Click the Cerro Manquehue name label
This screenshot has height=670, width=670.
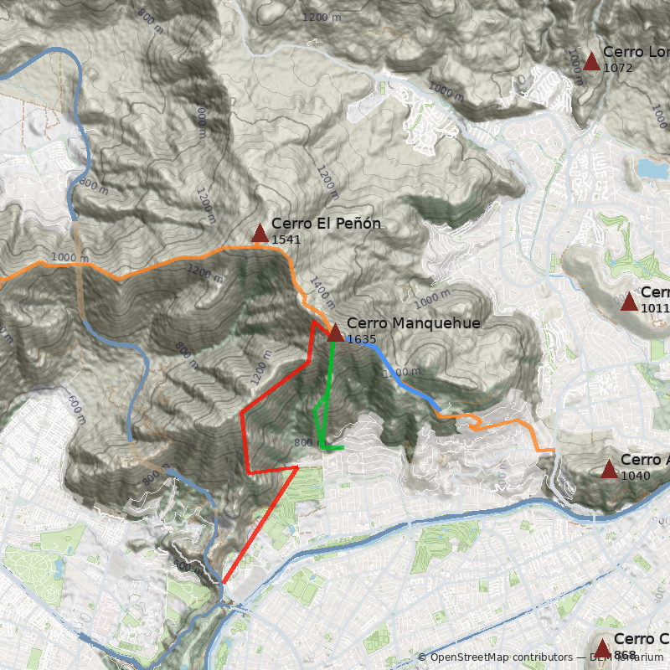coord(413,324)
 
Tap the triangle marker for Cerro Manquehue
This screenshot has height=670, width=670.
coord(335,332)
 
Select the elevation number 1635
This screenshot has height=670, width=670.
coord(361,340)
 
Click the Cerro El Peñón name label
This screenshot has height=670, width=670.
coord(326,224)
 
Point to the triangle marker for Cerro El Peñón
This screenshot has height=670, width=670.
coord(260,233)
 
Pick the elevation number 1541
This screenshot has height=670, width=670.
coord(286,240)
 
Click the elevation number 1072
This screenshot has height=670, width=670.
coord(617,68)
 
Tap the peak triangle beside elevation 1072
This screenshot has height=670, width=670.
coord(592,60)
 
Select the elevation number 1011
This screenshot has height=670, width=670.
coord(655,308)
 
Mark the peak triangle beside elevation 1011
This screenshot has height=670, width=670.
coord(629,301)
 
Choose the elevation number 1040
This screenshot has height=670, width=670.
coord(634,475)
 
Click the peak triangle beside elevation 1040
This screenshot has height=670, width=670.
coord(609,469)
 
